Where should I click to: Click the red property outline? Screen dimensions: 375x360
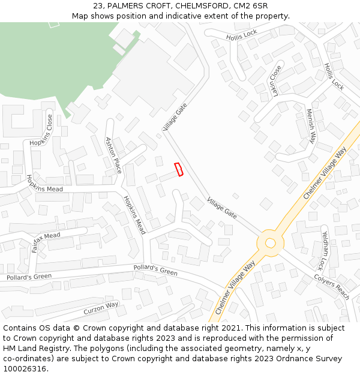click(x=178, y=170)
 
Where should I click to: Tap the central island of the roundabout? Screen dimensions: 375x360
click(x=271, y=243)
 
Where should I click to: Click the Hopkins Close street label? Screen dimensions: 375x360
click(x=50, y=130)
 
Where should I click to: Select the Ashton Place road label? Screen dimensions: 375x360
click(x=113, y=155)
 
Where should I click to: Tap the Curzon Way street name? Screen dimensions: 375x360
click(x=101, y=308)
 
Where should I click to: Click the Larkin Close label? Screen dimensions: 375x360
click(x=275, y=79)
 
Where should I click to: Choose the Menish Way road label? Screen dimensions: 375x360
click(x=311, y=125)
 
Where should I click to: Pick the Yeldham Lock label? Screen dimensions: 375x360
click(x=325, y=250)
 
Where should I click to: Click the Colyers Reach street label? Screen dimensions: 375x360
click(x=332, y=287)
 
